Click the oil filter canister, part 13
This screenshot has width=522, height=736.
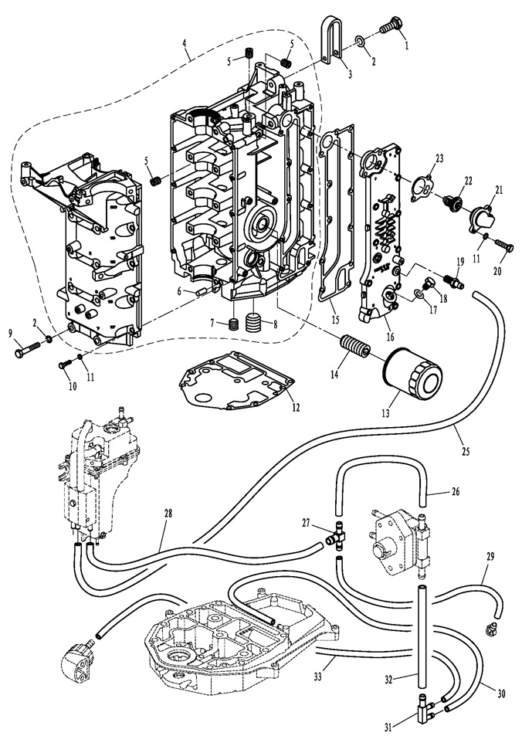[412, 373]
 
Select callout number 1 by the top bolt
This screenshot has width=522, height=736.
[406, 46]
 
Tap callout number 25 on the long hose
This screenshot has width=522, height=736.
[466, 451]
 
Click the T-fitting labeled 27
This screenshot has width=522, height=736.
[337, 537]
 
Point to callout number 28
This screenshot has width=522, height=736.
[168, 514]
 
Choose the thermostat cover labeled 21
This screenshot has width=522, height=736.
[481, 219]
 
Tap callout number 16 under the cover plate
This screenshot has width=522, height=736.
[390, 337]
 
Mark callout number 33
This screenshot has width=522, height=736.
[318, 677]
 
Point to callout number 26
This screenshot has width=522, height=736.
[455, 491]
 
